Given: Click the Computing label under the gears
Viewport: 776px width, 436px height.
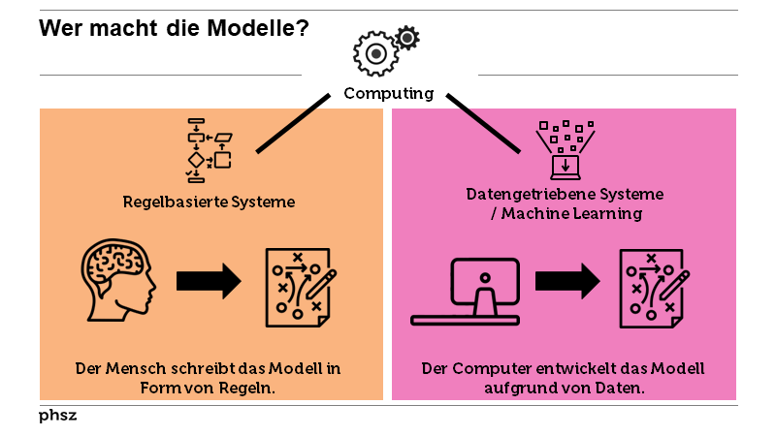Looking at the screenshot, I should click(388, 94).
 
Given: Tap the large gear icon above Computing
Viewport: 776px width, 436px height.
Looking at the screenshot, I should click(376, 53).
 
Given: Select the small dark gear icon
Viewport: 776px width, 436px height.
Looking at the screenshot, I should click(408, 38).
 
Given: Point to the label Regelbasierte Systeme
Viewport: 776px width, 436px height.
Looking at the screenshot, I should click(209, 202).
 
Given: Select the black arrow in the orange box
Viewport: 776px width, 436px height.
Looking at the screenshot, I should click(209, 282).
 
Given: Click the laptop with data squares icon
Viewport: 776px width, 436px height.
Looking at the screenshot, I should click(566, 150).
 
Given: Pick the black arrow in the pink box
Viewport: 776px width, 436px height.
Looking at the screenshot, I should click(567, 282).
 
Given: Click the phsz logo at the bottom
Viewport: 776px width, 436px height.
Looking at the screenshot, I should click(57, 416).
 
